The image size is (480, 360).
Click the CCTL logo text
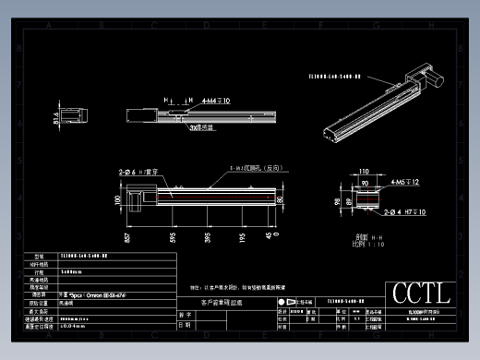coord(421,294)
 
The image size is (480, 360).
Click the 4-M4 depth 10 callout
coord(217,99)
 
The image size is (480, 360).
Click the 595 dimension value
coord(173,236)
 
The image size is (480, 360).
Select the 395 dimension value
coord(207,236)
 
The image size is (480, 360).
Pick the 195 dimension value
coord(242,236)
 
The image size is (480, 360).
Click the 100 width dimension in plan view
coord(117,198)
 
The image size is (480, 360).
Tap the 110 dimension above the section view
coord(363,172)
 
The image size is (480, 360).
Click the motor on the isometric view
coord(430,77)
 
